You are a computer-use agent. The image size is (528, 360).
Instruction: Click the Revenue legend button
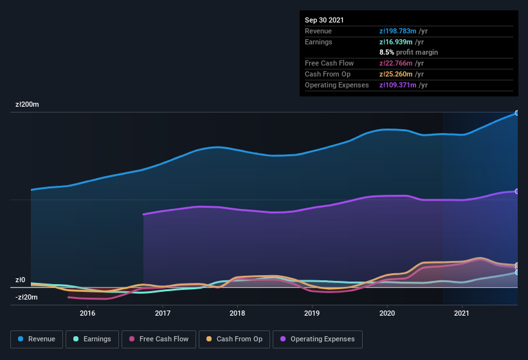point(37,339)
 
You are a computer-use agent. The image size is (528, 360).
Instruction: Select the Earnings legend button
point(91,339)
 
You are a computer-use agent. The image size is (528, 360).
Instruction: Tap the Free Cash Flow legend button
point(158,339)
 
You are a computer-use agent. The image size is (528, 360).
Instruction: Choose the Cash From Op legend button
point(233,339)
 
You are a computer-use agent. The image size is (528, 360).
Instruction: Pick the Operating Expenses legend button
point(317,339)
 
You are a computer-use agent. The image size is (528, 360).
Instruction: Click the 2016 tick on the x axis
point(87,313)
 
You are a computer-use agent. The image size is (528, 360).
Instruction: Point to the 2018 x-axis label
point(237,313)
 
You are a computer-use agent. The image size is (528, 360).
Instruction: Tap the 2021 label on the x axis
point(461,313)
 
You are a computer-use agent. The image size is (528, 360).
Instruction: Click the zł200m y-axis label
point(28,104)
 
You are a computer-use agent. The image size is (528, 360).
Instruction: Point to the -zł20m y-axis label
point(27,297)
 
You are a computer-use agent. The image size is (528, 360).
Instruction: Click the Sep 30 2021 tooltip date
point(324,20)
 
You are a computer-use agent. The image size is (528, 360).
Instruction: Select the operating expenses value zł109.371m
point(403,85)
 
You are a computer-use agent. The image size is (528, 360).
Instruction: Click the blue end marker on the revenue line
point(517,113)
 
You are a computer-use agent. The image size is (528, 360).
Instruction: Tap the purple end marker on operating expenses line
point(517,192)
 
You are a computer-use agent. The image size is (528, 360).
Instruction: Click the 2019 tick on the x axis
point(312,313)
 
